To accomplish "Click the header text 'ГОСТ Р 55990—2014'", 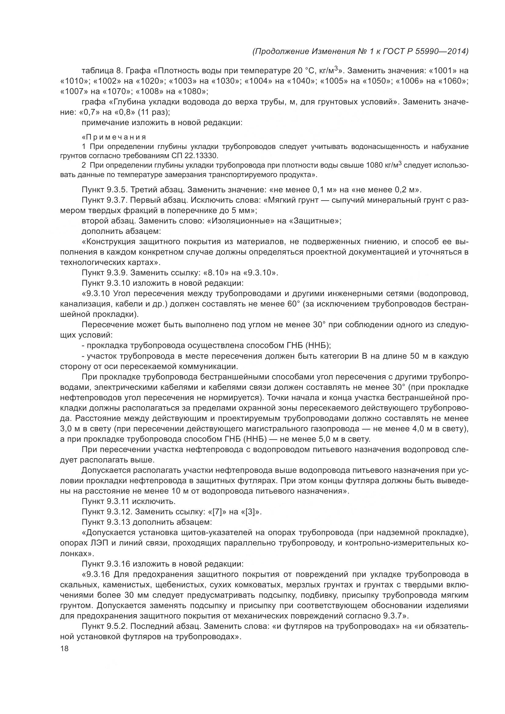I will [x=423, y=51].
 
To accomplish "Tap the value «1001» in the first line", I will [x=441, y=71].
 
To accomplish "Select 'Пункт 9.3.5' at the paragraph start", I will [x=102, y=190].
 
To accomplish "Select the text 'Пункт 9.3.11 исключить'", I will [x=129, y=501].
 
